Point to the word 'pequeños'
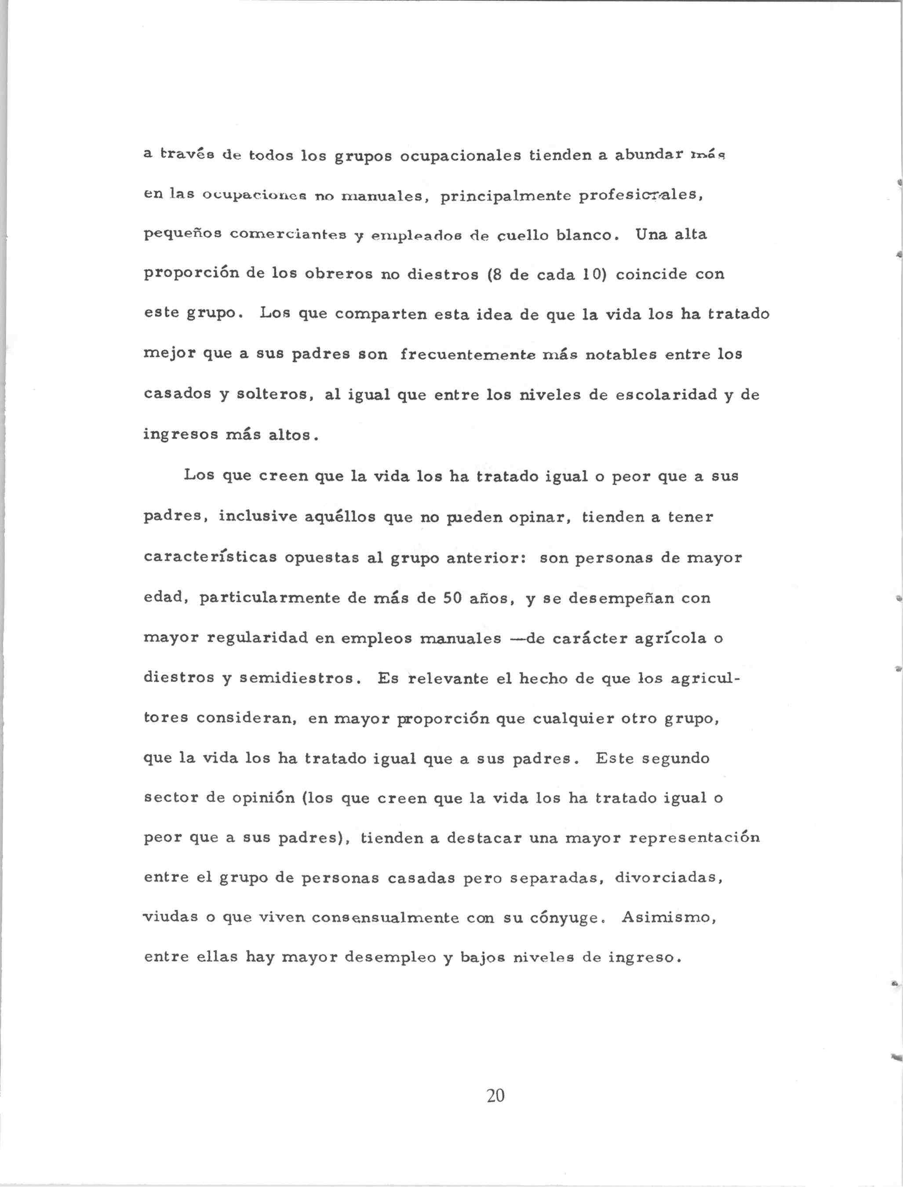(183, 235)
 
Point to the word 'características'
(210, 557)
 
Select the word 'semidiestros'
(299, 678)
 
